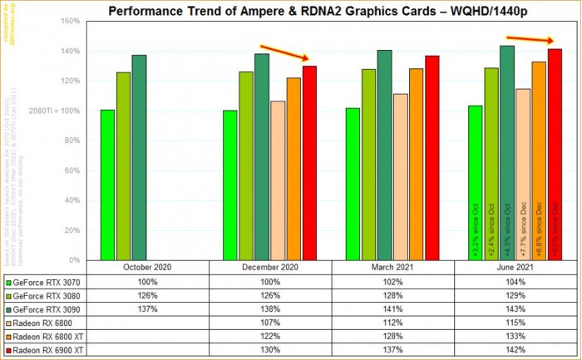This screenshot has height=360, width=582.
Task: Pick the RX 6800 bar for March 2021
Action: coord(401,176)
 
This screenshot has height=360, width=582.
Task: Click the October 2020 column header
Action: coord(146,267)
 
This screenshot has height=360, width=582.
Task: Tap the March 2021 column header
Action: coord(392,267)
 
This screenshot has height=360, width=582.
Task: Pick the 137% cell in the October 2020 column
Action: coord(146,309)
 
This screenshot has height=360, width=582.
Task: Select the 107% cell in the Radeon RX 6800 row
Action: coord(269,323)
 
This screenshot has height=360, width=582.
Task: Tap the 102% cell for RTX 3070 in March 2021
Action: coord(392,281)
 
